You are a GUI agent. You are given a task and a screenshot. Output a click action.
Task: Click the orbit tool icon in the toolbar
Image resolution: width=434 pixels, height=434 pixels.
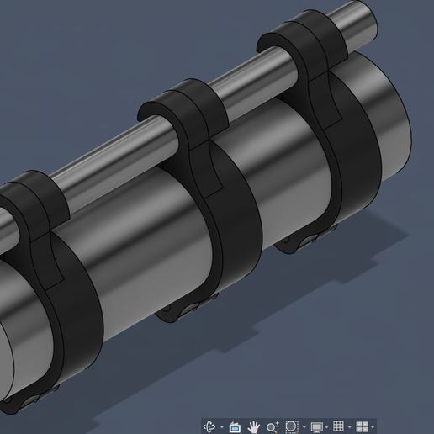209,427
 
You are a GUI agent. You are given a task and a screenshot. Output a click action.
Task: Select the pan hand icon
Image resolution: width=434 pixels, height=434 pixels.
254,427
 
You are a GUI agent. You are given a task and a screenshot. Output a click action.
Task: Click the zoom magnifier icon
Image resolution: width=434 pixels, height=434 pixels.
273,427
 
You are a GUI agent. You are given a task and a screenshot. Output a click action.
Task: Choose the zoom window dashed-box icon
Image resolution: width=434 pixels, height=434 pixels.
293,427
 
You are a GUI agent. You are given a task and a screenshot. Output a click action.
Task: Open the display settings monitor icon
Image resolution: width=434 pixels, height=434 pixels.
317,427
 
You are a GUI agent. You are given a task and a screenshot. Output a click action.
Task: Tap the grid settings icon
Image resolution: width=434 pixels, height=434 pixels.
339,427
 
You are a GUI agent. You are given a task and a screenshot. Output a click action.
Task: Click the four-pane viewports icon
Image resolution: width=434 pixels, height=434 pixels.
363,427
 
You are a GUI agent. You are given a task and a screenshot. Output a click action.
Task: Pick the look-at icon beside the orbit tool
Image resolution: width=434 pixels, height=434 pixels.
236,427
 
